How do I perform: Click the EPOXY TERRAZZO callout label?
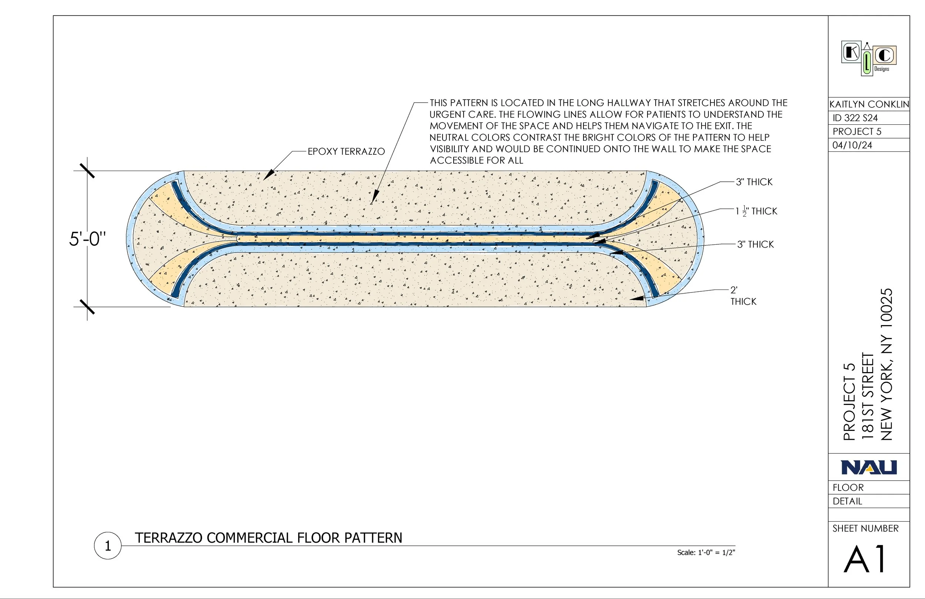pyautogui.click(x=346, y=151)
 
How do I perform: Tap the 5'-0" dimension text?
pyautogui.click(x=87, y=238)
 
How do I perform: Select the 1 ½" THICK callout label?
pyautogui.click(x=756, y=211)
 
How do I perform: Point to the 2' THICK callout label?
pyautogui.click(x=743, y=295)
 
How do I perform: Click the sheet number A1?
pyautogui.click(x=865, y=559)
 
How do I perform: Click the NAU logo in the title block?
pyautogui.click(x=869, y=467)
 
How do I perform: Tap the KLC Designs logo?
pyautogui.click(x=869, y=59)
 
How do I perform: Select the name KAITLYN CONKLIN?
pyautogui.click(x=869, y=104)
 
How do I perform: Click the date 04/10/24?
pyautogui.click(x=852, y=145)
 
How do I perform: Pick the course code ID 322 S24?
pyautogui.click(x=855, y=118)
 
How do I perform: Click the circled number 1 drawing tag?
pyautogui.click(x=108, y=546)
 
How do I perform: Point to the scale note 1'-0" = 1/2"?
pyautogui.click(x=706, y=552)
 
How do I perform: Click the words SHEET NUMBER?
pyautogui.click(x=865, y=528)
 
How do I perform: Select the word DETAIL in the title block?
pyautogui.click(x=847, y=501)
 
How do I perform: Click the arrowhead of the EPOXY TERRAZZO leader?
pyautogui.click(x=267, y=177)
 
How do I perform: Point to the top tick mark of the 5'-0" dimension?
pyautogui.click(x=87, y=171)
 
